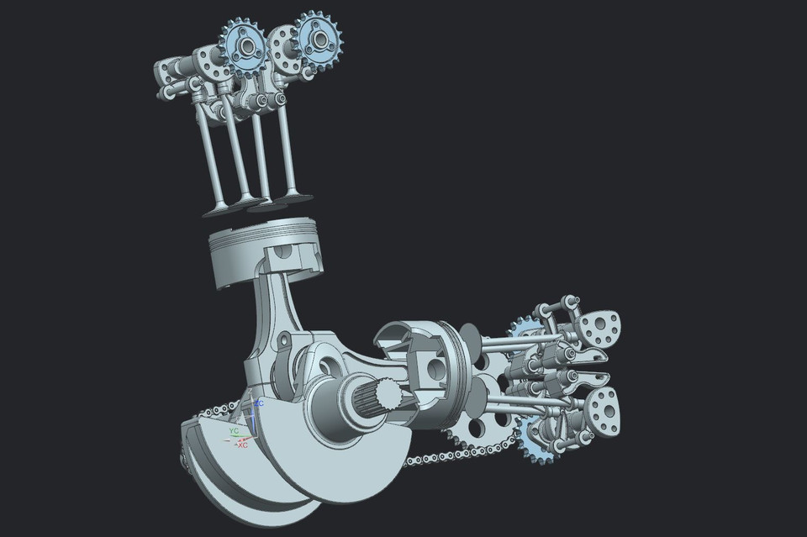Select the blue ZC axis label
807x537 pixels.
260,403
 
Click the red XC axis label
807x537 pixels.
242,444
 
